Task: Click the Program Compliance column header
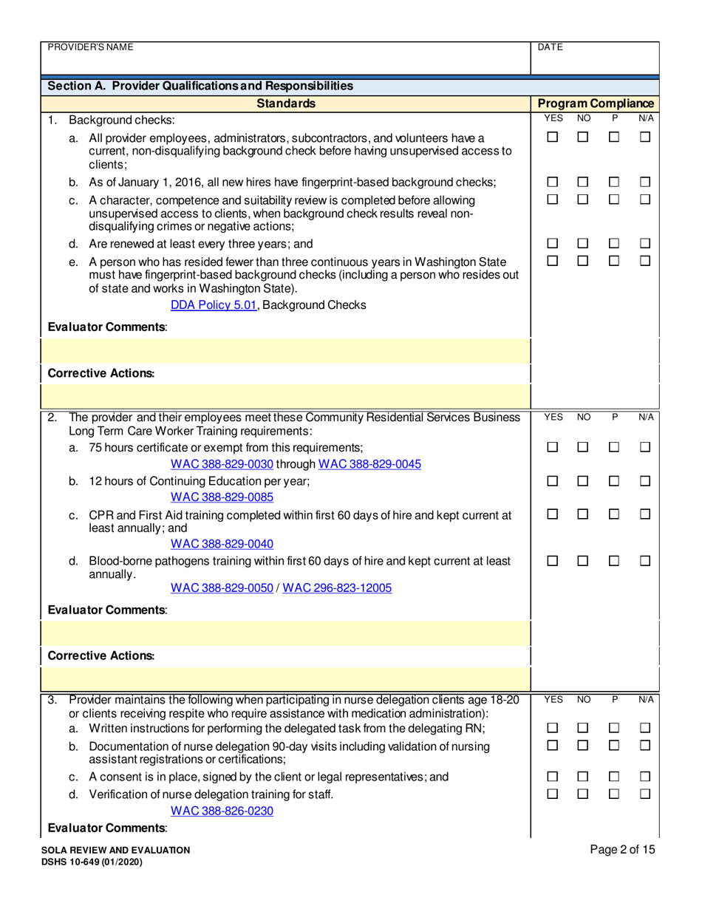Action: [x=596, y=104]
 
